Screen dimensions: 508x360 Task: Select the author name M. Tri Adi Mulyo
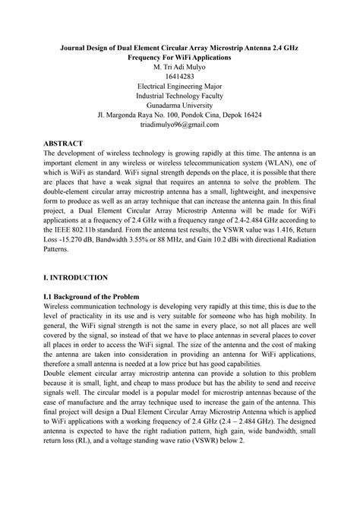tap(179, 67)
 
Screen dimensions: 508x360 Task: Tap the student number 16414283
tap(180, 77)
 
